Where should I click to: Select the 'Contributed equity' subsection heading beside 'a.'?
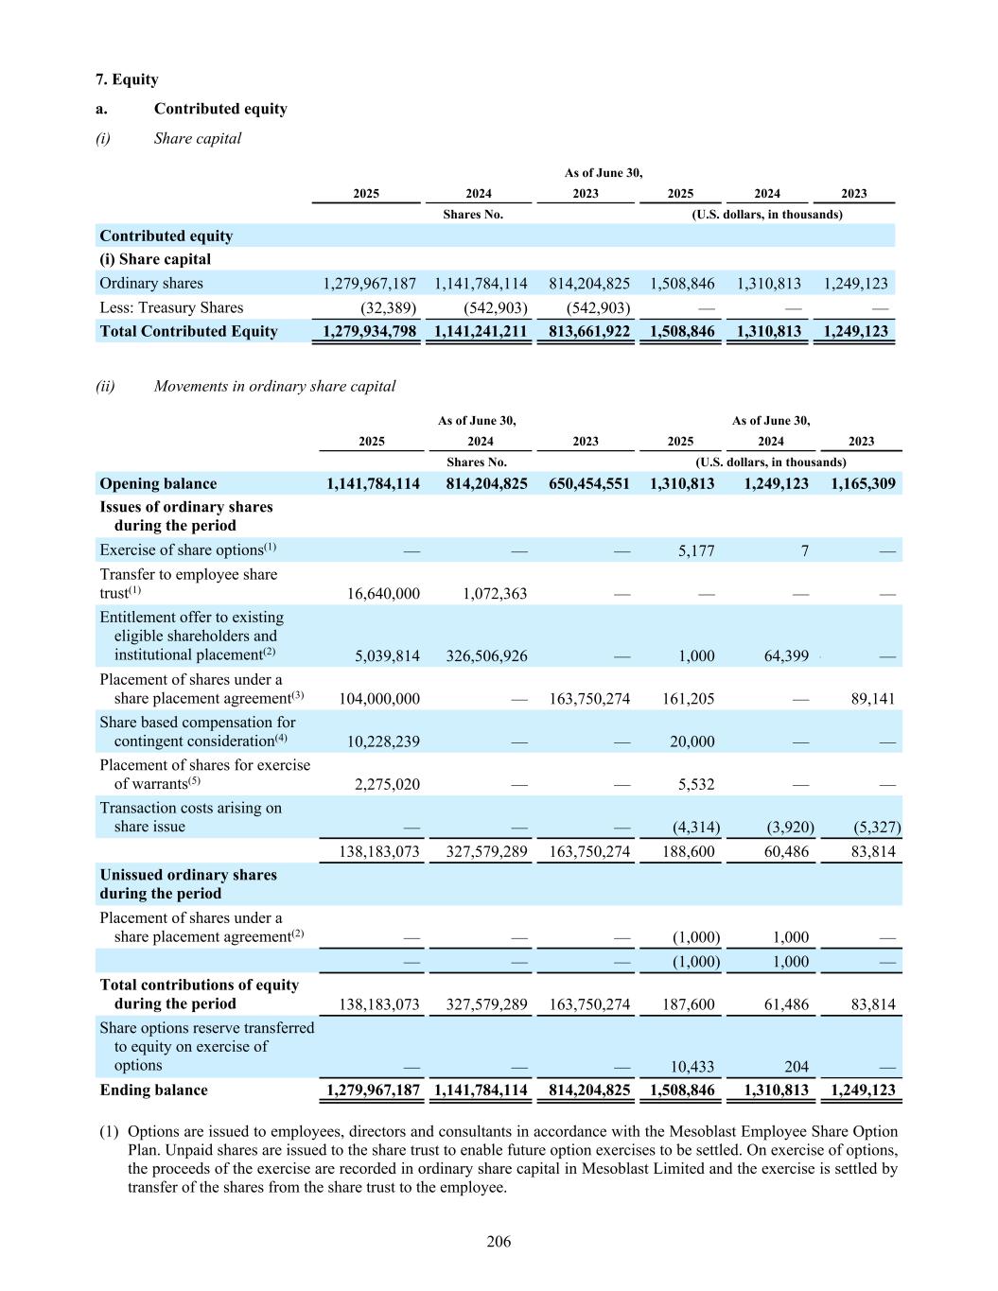click(220, 109)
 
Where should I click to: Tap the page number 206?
click(499, 1241)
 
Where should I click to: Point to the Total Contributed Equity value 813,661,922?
click(588, 331)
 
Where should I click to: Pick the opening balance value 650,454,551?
click(588, 483)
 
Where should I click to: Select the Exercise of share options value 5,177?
click(695, 550)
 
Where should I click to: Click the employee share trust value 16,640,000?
click(378, 594)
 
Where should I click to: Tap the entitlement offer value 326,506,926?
click(486, 656)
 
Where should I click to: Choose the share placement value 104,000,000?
click(378, 699)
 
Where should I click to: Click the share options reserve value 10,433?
click(692, 1067)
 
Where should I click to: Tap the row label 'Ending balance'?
click(153, 1090)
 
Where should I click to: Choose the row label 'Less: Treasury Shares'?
click(171, 307)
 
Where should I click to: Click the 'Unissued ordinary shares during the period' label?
click(188, 883)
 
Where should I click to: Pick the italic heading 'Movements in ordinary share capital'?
click(274, 386)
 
